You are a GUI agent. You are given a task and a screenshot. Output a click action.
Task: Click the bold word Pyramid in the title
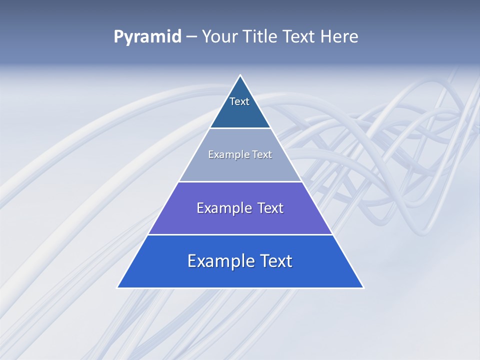147,37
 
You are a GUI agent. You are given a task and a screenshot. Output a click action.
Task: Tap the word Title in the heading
260,37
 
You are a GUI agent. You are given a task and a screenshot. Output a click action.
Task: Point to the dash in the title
191,37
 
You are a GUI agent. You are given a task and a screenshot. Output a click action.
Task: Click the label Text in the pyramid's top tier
239,101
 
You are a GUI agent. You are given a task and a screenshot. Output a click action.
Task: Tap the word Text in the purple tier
270,208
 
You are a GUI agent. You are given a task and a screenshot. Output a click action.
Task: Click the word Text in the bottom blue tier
276,261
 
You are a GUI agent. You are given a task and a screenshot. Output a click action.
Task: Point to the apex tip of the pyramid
240,75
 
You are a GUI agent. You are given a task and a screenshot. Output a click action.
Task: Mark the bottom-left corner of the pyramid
118,287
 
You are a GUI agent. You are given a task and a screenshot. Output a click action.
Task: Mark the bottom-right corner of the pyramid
363,287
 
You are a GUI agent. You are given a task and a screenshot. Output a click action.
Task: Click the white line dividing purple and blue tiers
240,234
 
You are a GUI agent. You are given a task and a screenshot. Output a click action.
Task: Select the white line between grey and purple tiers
240,181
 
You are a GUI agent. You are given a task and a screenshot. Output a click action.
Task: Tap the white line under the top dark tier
240,128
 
